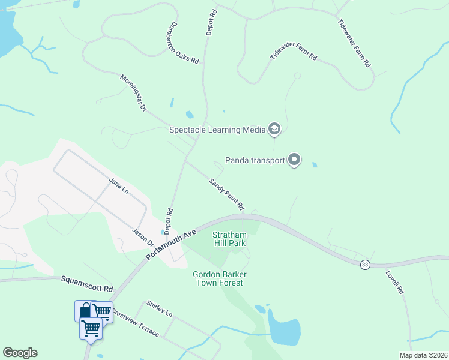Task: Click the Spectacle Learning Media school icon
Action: click(274, 129)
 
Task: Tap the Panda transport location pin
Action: click(294, 160)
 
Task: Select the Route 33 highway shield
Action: click(364, 264)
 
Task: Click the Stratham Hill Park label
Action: click(230, 238)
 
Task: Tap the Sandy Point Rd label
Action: click(226, 194)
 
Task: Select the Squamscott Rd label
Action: click(87, 284)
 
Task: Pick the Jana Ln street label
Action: click(119, 185)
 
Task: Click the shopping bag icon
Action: click(84, 311)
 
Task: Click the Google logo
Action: click(20, 353)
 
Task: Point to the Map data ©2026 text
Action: click(423, 355)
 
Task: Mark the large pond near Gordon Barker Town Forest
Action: click(285, 330)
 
